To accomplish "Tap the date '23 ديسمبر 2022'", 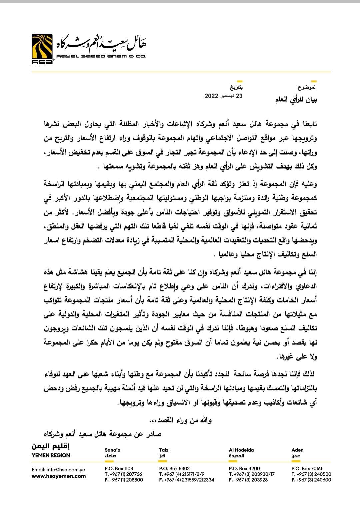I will (223, 96).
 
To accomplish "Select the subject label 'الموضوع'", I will (307, 87).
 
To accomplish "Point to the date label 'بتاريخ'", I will (236, 88).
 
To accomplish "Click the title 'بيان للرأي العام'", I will (296, 100).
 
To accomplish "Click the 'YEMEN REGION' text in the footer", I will (51, 455).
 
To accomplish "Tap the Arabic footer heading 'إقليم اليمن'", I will (51, 446).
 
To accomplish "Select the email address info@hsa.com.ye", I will (58, 470).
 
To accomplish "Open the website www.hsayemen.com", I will (59, 476).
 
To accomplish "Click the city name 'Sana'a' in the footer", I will (112, 450).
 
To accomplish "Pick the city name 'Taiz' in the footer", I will (164, 450).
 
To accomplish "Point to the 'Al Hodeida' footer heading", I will (241, 450).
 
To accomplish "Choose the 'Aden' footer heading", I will (297, 450).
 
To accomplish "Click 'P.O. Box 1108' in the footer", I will (119, 468).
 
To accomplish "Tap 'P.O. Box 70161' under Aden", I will (307, 468).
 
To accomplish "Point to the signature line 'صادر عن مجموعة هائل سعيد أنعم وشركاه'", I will (103, 434).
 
